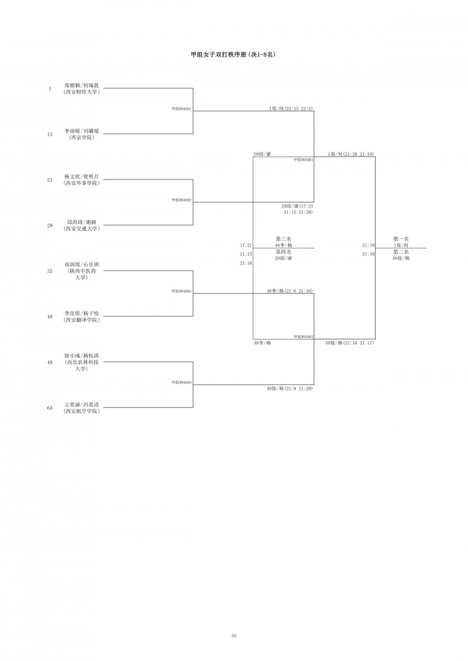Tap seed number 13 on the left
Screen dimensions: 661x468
[50, 134]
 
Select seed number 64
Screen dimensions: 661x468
[50, 408]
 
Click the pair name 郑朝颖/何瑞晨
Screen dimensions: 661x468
[81, 85]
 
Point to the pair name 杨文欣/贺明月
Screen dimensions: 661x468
[81, 177]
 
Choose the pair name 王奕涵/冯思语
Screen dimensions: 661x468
[81, 404]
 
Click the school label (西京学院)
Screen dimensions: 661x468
[81, 138]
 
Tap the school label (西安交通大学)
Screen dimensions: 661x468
[81, 229]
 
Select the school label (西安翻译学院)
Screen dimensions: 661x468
[81, 320]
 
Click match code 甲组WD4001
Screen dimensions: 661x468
[181, 109]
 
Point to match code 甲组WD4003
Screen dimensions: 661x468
[181, 291]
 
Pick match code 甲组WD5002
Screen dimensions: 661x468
[304, 337]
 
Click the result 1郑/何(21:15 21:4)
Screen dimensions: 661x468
[291, 108]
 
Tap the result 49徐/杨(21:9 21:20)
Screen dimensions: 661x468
[289, 388]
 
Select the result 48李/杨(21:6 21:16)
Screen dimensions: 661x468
[289, 290]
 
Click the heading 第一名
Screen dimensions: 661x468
[401, 239]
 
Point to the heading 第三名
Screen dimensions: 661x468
[283, 239]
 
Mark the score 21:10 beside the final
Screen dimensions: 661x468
[368, 254]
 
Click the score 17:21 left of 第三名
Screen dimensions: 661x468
[246, 245]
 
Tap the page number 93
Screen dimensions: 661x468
[233, 635]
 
